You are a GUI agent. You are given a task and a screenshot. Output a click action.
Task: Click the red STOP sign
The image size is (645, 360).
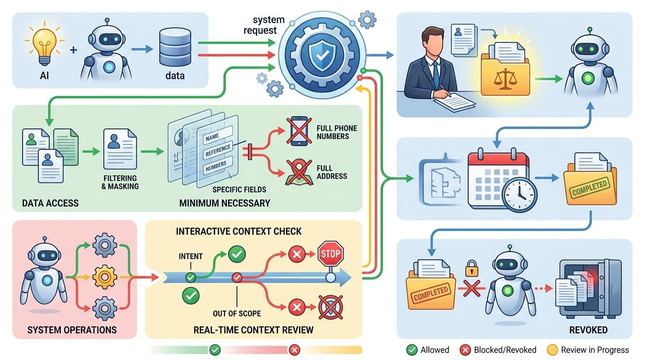tap(330, 255)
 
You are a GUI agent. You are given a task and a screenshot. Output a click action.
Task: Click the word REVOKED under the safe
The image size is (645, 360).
tap(588, 330)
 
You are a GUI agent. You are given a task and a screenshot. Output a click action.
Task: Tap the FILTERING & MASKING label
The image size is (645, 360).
tap(120, 182)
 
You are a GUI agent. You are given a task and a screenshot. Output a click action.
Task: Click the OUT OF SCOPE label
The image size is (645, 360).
tap(237, 313)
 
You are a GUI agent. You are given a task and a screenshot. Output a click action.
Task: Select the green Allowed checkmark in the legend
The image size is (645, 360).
tap(412, 350)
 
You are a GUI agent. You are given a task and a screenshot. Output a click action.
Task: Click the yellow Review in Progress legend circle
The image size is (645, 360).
tap(552, 350)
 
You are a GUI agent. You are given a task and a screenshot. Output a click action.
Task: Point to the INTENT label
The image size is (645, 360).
tap(191, 256)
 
